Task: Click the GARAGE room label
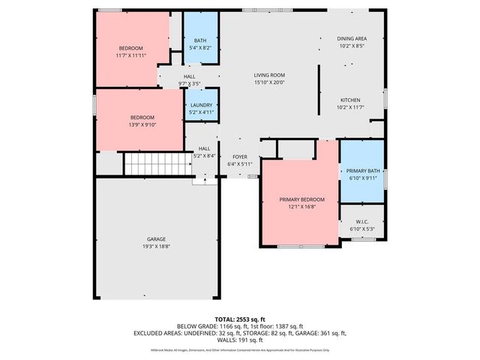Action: pyautogui.click(x=156, y=239)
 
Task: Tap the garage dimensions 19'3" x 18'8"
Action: pyautogui.click(x=156, y=246)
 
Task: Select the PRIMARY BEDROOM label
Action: pyautogui.click(x=302, y=199)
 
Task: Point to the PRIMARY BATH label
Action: pyautogui.click(x=363, y=171)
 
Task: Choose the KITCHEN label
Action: pyautogui.click(x=351, y=100)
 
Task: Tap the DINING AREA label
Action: pyautogui.click(x=351, y=38)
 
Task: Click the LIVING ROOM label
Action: pyautogui.click(x=268, y=75)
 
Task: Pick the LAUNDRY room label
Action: pyautogui.click(x=201, y=105)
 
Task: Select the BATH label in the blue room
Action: pyautogui.click(x=200, y=40)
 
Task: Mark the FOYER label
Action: pyautogui.click(x=239, y=156)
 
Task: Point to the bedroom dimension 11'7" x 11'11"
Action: pyautogui.click(x=130, y=55)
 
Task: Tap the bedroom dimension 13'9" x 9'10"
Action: pyautogui.click(x=142, y=124)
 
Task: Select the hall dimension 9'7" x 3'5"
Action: pyautogui.click(x=189, y=82)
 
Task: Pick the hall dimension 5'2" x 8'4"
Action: pyautogui.click(x=205, y=155)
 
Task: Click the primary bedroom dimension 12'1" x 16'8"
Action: pyautogui.click(x=302, y=206)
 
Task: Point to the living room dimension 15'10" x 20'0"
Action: pyautogui.click(x=268, y=82)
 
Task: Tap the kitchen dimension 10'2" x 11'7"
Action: pyautogui.click(x=351, y=107)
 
